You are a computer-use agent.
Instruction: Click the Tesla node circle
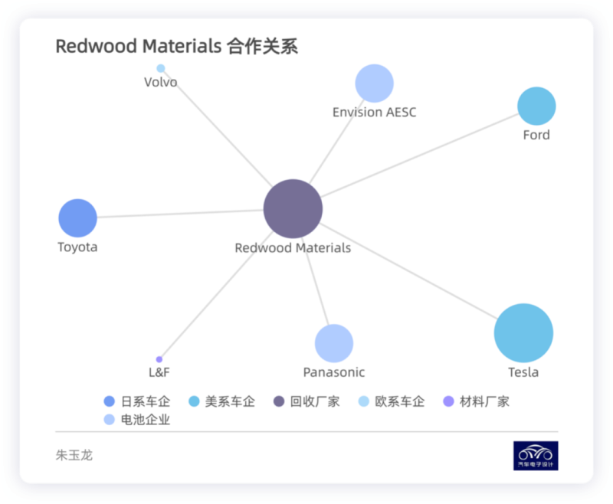(x=523, y=333)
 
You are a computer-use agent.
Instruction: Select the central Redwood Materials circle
(x=293, y=208)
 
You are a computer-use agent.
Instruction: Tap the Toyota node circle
(x=77, y=218)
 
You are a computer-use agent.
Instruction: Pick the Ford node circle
(x=536, y=106)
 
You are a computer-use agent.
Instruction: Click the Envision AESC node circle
(x=374, y=83)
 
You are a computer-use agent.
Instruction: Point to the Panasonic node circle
(x=333, y=343)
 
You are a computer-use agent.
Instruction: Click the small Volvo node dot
(x=161, y=68)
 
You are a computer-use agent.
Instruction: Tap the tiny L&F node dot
(x=159, y=359)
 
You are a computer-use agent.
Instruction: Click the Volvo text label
(x=160, y=82)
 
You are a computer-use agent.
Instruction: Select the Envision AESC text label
(x=374, y=112)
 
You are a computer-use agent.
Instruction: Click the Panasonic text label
(x=333, y=372)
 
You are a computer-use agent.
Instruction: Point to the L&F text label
(x=159, y=372)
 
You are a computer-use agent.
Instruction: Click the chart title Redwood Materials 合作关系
(x=176, y=46)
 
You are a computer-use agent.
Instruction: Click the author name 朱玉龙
(x=74, y=455)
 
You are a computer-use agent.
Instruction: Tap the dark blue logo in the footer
(x=536, y=455)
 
